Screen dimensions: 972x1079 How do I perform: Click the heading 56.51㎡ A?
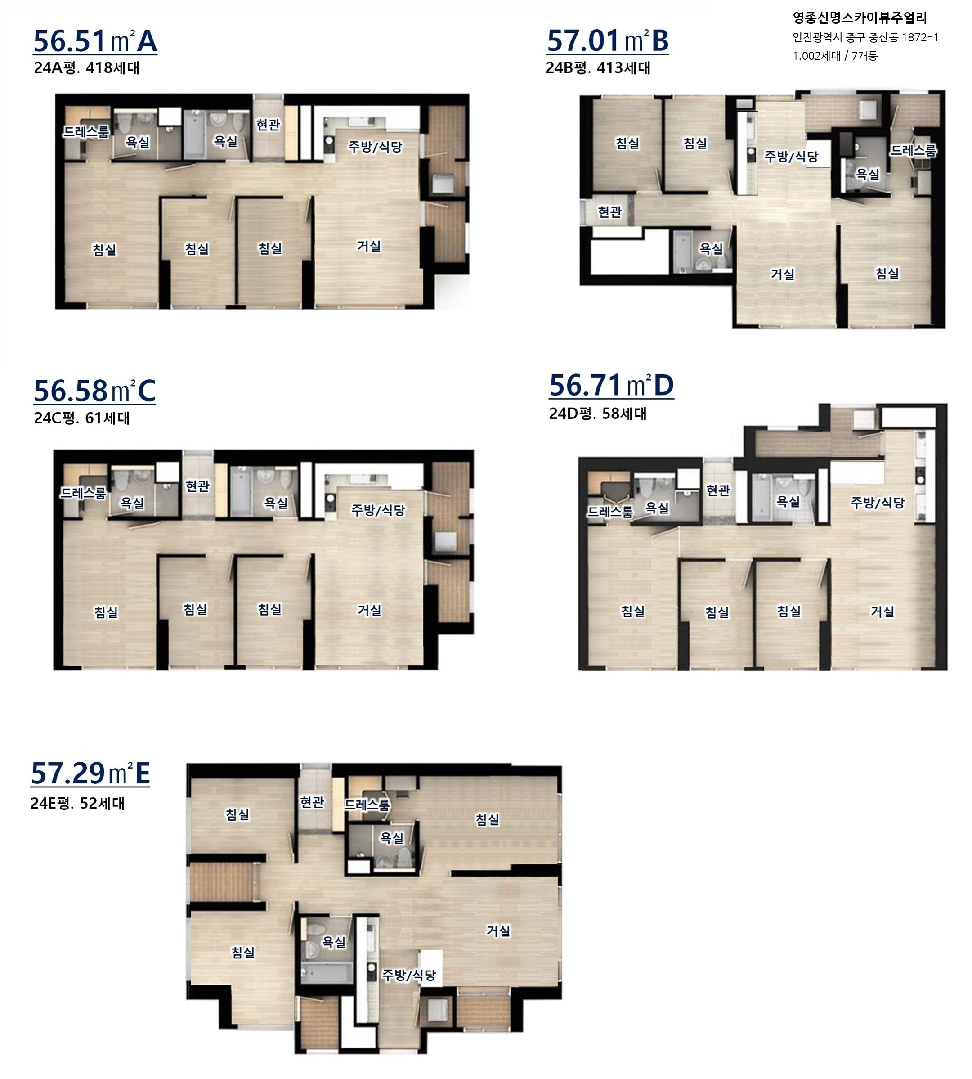coord(95,41)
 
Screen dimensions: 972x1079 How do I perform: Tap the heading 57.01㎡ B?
coord(608,41)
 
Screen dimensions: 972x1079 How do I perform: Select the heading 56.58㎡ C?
coord(94,391)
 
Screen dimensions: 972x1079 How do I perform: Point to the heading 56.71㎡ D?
coord(612,385)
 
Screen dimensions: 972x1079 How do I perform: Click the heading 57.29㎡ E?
coord(91,773)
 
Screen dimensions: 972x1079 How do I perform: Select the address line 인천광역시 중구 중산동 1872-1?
coord(865,37)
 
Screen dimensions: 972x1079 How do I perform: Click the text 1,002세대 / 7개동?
coord(835,55)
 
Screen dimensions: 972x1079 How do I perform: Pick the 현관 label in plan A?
coord(268,125)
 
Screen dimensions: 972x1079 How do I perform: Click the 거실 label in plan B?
coord(782,274)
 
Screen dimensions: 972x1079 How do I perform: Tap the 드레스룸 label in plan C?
coord(83,493)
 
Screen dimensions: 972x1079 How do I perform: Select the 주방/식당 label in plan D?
coord(878,503)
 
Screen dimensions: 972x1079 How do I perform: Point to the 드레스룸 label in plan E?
coord(367,805)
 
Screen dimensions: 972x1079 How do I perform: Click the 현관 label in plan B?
coord(610,212)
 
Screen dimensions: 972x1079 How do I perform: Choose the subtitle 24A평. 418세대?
coord(86,68)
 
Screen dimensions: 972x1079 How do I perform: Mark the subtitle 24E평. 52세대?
coord(77,803)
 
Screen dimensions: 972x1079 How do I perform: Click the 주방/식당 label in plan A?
coord(376,146)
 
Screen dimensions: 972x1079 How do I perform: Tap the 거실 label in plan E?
coord(498,931)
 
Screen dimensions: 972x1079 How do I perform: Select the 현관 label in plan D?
coord(718,490)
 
